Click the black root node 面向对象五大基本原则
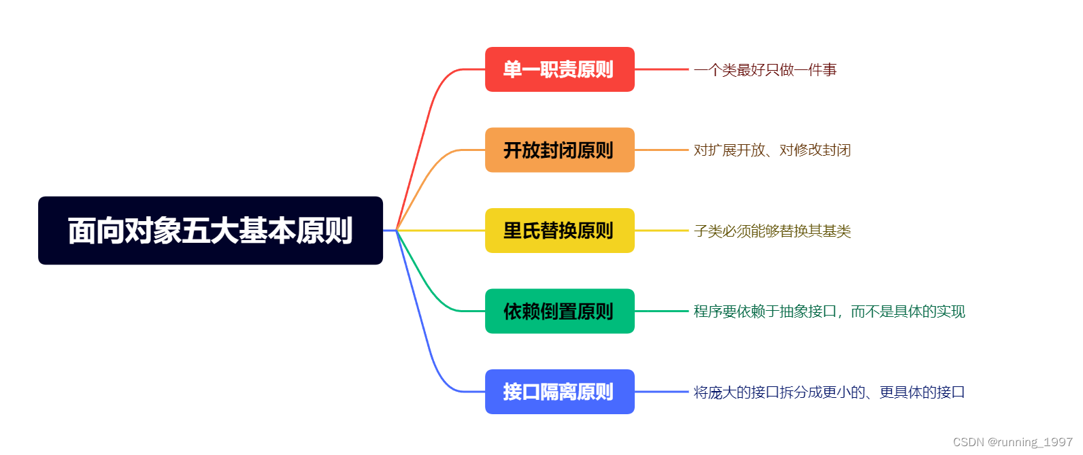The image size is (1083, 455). tap(210, 231)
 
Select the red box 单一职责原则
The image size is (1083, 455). tap(559, 69)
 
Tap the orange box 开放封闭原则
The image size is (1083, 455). tap(559, 150)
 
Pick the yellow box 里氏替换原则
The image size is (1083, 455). tap(559, 231)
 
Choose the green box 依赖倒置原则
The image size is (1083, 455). tap(559, 311)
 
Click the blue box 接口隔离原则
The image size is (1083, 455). tap(559, 392)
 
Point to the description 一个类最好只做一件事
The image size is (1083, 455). tap(765, 69)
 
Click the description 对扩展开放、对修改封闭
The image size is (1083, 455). tap(772, 150)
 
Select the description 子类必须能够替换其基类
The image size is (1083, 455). tap(772, 231)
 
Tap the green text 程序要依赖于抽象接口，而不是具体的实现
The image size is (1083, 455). tap(829, 311)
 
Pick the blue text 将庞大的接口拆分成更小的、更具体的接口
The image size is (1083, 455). tap(829, 392)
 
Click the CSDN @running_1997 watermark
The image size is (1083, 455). tap(1012, 442)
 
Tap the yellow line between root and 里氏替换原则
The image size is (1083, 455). tap(442, 231)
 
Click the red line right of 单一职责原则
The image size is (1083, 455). tap(661, 69)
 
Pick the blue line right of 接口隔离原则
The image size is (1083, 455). tap(661, 392)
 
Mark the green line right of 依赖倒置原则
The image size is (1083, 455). tap(661, 311)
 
